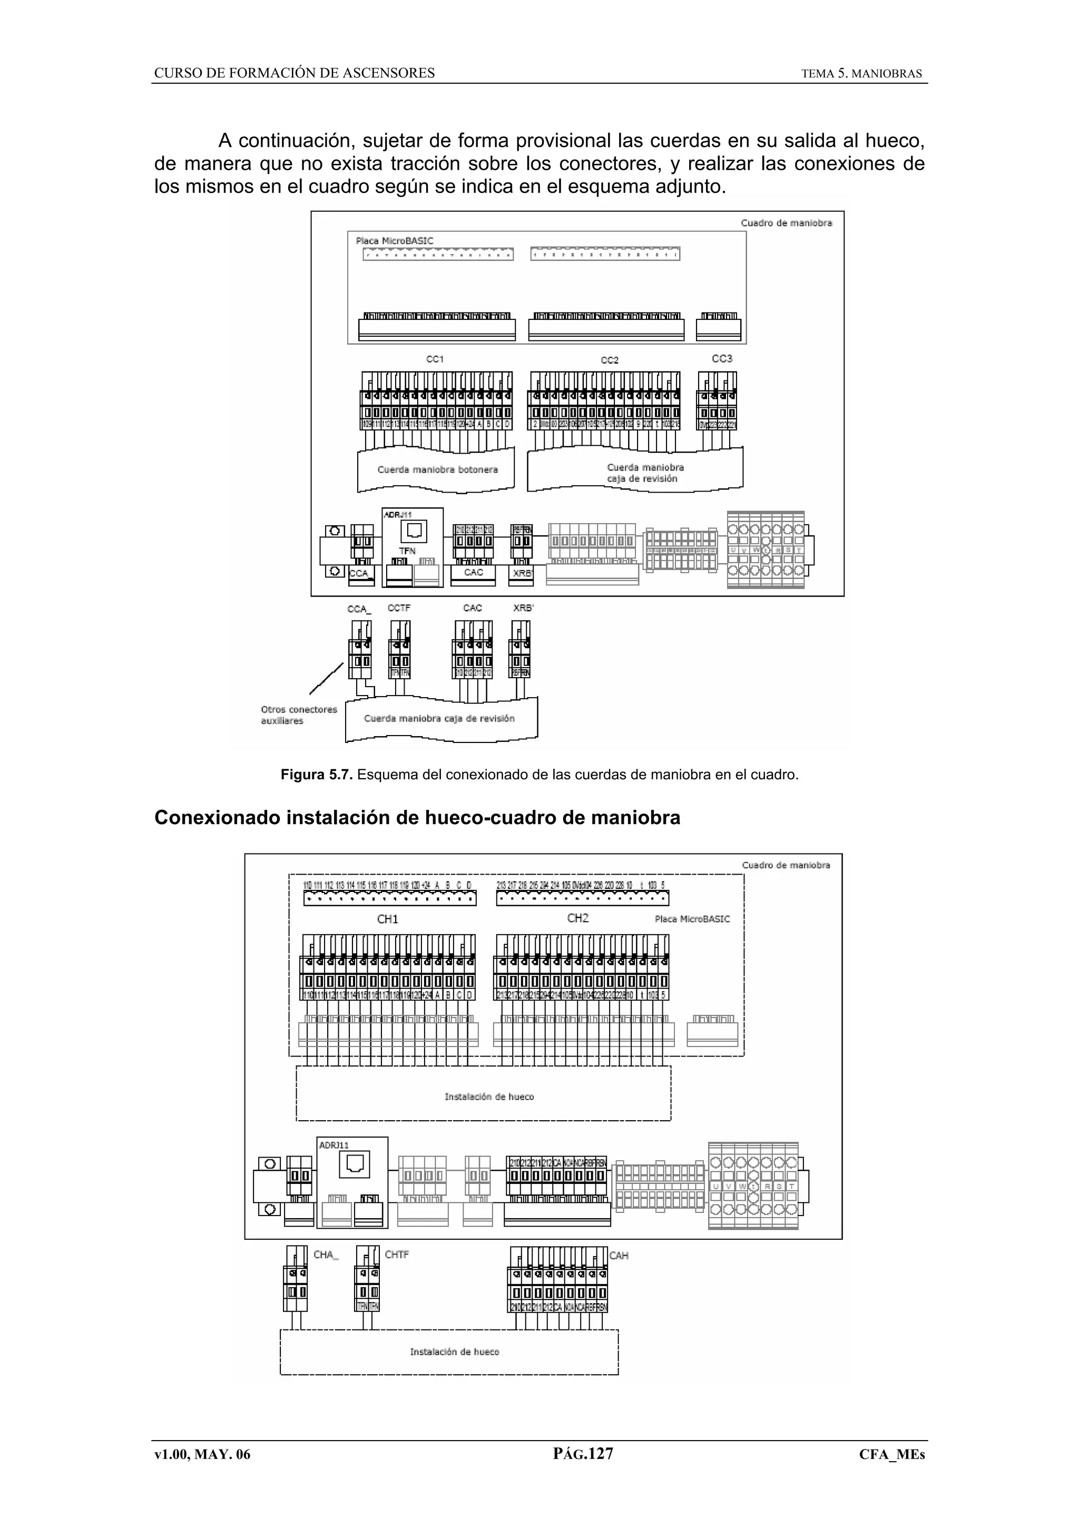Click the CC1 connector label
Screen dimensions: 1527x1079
[x=435, y=359]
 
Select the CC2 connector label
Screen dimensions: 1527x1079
[x=609, y=360]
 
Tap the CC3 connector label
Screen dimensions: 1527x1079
[x=722, y=358]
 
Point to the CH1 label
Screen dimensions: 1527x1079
[x=388, y=919]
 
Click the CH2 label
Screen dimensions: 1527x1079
[x=578, y=918]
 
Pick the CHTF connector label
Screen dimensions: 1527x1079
[x=397, y=1254]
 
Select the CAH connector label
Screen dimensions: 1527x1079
[x=619, y=1255]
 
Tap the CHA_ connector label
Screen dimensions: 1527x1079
[x=326, y=1254]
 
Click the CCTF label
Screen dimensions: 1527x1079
[x=399, y=608]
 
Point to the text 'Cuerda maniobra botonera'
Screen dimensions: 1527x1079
[x=437, y=469]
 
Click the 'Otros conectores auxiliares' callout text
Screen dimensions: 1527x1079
[x=299, y=715]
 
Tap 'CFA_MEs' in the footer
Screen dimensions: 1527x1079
[x=891, y=1454]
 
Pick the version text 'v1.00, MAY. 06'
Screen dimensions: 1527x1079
[x=202, y=1454]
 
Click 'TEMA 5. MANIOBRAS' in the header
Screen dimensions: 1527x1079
[x=861, y=74]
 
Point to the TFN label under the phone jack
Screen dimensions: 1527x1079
[x=407, y=551]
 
